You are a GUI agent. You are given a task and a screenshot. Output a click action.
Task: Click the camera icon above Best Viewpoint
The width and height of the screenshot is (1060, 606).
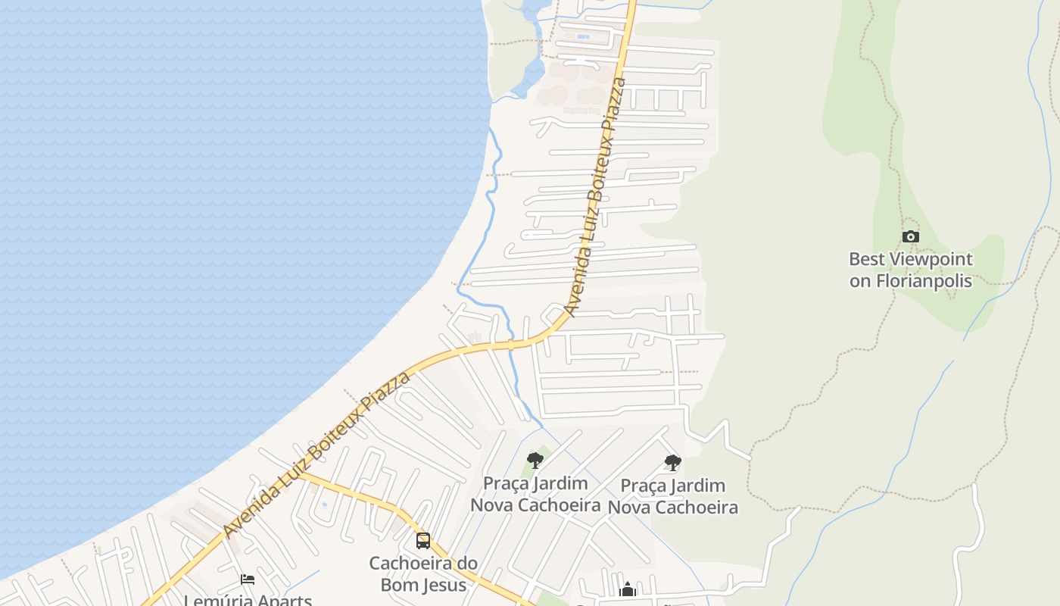click(x=911, y=237)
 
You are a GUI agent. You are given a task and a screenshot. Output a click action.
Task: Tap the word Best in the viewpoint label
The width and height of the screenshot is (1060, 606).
click(x=866, y=259)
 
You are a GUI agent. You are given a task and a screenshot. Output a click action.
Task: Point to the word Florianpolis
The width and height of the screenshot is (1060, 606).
click(x=924, y=280)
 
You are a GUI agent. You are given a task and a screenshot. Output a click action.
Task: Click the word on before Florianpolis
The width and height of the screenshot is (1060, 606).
click(x=859, y=280)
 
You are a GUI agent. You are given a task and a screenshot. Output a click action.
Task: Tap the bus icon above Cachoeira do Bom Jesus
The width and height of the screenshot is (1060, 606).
click(x=423, y=541)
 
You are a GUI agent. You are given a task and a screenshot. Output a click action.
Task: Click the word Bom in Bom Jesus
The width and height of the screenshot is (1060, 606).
click(x=398, y=585)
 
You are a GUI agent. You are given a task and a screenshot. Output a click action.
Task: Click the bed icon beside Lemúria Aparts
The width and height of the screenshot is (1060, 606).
click(x=248, y=580)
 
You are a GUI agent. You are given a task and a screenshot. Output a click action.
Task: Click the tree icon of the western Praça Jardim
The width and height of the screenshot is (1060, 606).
click(x=535, y=461)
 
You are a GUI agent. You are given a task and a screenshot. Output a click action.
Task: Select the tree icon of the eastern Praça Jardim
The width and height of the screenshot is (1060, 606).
click(x=672, y=463)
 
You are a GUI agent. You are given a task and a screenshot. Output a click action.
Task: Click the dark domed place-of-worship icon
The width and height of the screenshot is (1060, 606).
click(x=628, y=589)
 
